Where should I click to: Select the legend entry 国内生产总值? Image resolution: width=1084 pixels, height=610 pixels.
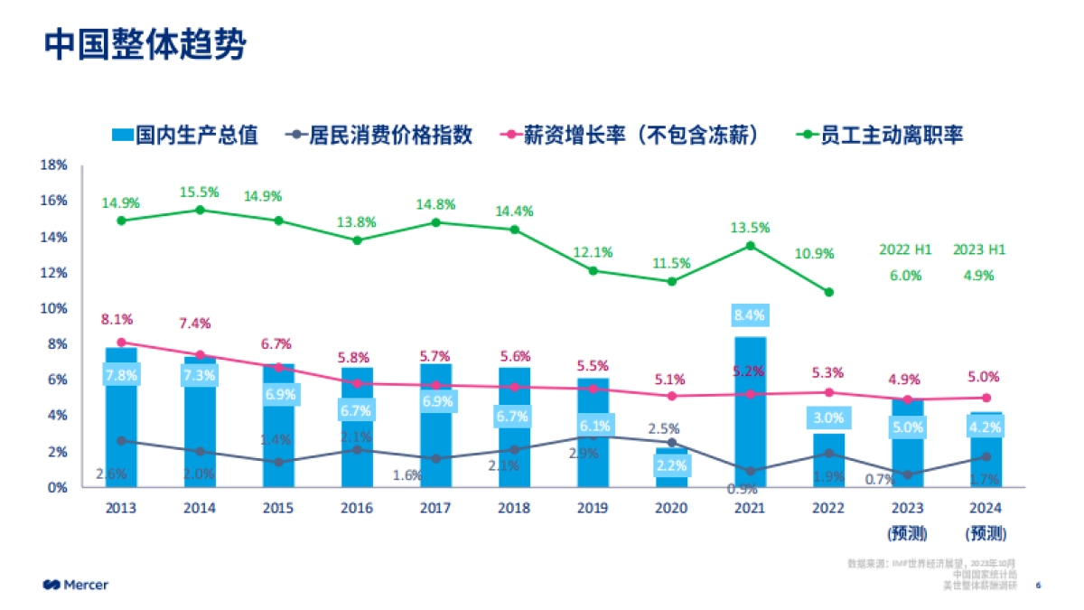click(184, 136)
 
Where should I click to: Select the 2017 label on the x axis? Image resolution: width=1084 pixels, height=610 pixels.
click(435, 508)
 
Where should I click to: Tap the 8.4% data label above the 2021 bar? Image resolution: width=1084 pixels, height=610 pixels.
click(750, 315)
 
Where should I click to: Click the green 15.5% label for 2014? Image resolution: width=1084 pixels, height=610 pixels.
click(200, 192)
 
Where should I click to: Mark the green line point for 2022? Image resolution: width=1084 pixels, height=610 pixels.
click(828, 292)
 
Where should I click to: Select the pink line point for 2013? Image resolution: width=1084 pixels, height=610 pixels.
click(121, 343)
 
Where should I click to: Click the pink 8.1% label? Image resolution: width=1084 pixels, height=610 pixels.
click(117, 319)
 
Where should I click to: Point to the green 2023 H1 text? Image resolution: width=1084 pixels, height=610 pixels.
click(979, 250)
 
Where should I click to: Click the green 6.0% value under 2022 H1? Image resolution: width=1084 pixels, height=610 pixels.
click(905, 276)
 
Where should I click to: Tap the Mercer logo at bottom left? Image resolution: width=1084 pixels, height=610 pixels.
click(76, 585)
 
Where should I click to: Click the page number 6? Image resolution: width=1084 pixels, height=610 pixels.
click(1038, 585)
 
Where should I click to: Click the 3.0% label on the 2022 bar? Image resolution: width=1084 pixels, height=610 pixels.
click(828, 418)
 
